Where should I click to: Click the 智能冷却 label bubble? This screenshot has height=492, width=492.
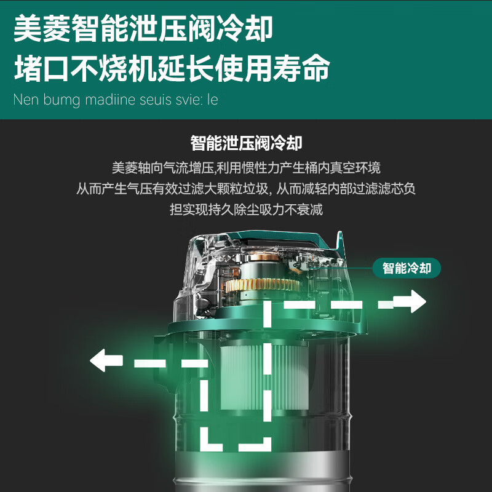tap(407, 269)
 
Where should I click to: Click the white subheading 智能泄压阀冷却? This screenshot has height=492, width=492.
tap(246, 144)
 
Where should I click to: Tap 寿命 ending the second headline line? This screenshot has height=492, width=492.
tap(307, 69)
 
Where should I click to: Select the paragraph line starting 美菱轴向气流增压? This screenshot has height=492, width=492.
tap(246, 167)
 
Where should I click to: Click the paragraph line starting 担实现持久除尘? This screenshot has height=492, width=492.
tap(246, 210)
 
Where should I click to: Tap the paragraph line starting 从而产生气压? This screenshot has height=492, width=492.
tap(246, 189)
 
